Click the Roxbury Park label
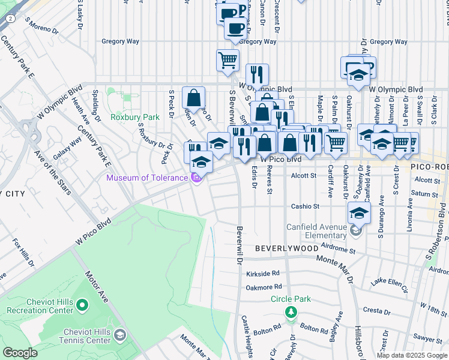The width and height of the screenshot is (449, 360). tap(135, 117)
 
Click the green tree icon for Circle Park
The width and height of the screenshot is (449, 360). tap(291, 312)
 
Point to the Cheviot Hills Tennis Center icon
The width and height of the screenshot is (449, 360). tap(121, 334)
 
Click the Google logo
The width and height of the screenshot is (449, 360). tap(20, 352)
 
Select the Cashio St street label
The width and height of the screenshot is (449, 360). tap(305, 206)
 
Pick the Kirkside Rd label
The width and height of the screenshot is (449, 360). tap(263, 273)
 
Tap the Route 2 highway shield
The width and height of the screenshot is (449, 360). tap(10, 19)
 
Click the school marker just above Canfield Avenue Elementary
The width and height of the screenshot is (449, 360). tap(358, 212)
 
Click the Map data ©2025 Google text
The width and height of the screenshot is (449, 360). tap(411, 355)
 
